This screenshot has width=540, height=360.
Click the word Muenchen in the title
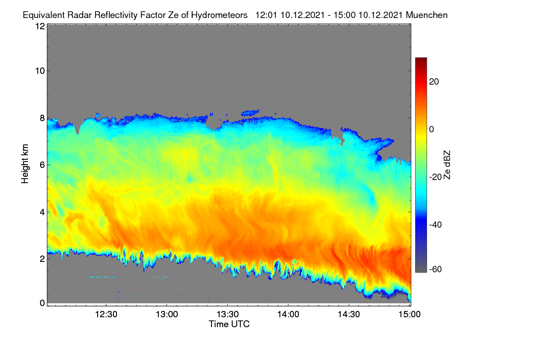pyautogui.click(x=427, y=15)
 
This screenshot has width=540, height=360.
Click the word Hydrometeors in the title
pyautogui.click(x=219, y=15)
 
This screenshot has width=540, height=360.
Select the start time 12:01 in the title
pyautogui.click(x=266, y=15)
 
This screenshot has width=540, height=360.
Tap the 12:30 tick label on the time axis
pyautogui.click(x=106, y=315)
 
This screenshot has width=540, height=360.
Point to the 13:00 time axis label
pyautogui.click(x=167, y=315)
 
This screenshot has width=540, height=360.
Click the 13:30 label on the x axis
pyautogui.click(x=228, y=315)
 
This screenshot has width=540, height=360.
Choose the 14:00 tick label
pyautogui.click(x=288, y=315)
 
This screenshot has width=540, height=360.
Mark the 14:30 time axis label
pyautogui.click(x=349, y=315)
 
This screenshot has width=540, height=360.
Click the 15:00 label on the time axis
pyautogui.click(x=409, y=315)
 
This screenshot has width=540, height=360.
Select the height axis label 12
pyautogui.click(x=40, y=26)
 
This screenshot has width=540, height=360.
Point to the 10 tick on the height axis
pyautogui.click(x=40, y=71)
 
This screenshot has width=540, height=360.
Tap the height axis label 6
pyautogui.click(x=42, y=165)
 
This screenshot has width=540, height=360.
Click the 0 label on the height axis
pyautogui.click(x=42, y=303)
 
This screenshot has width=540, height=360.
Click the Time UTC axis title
pyautogui.click(x=229, y=324)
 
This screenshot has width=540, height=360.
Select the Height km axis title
pyautogui.click(x=25, y=164)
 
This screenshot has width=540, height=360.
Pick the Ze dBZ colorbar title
pyautogui.click(x=447, y=165)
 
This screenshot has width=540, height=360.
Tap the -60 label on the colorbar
pyautogui.click(x=436, y=270)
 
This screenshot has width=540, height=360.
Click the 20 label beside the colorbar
pyautogui.click(x=434, y=82)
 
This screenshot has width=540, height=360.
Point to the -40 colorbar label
pyautogui.click(x=436, y=225)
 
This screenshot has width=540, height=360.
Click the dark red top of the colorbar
pyautogui.click(x=421, y=60)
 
